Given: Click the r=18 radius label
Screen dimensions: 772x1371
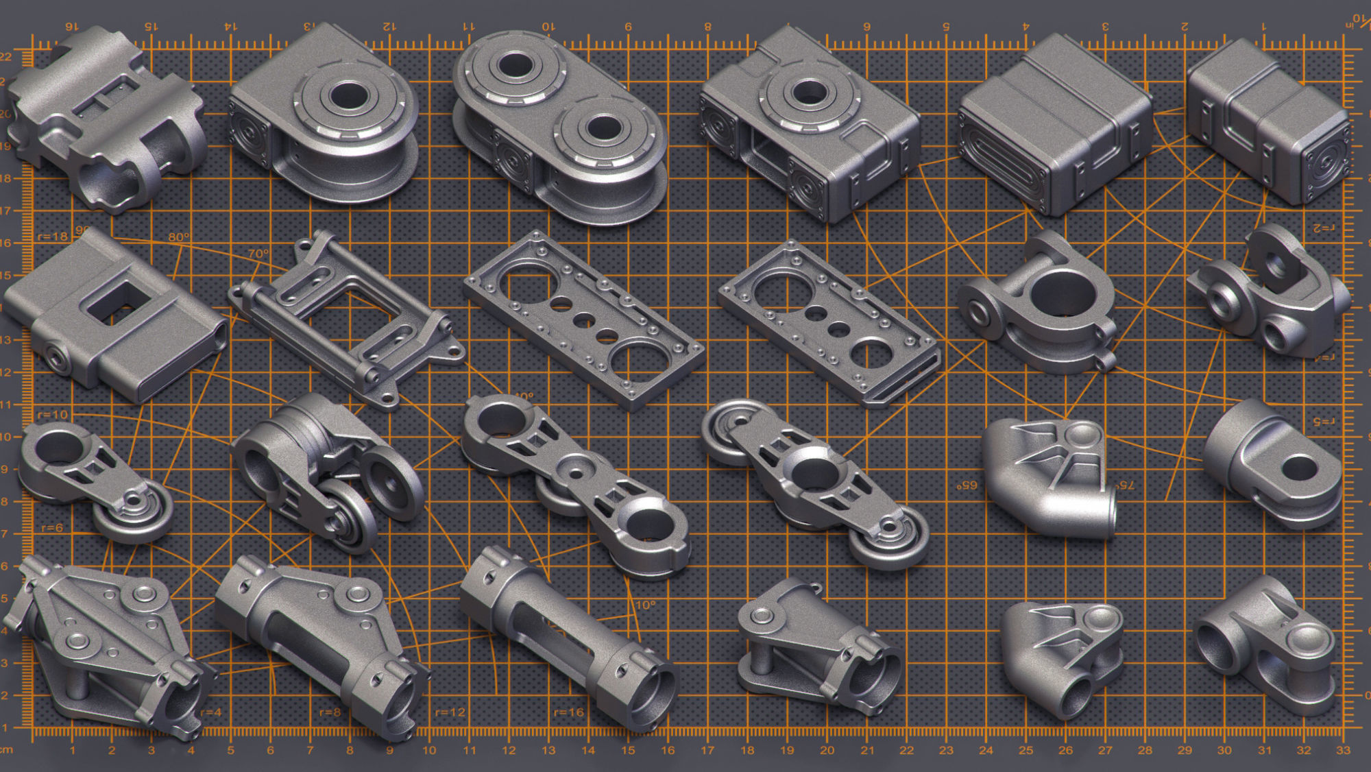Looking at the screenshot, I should [53, 237].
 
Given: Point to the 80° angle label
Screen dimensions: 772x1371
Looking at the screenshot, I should [179, 237].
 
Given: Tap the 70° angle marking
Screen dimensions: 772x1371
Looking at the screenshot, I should [258, 254].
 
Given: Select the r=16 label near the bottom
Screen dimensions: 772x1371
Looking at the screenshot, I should [568, 712].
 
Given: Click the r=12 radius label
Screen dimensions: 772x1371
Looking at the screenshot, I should [450, 712].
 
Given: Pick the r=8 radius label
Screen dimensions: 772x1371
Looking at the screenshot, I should [330, 712].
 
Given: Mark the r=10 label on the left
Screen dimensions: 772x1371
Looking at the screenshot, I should [53, 415].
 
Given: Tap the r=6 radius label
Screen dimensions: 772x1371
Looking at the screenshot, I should [52, 528].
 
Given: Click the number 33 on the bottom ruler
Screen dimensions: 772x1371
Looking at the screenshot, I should [1343, 750].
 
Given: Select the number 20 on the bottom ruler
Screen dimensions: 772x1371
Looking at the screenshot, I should [827, 750].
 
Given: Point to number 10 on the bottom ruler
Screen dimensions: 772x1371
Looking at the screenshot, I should [429, 750].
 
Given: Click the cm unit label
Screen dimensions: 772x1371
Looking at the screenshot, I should [6, 749].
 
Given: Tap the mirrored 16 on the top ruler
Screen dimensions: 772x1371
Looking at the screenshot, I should [71, 26].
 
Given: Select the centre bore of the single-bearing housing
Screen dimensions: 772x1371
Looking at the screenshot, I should [348, 96].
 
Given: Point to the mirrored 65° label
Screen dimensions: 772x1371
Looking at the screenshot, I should [967, 485].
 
